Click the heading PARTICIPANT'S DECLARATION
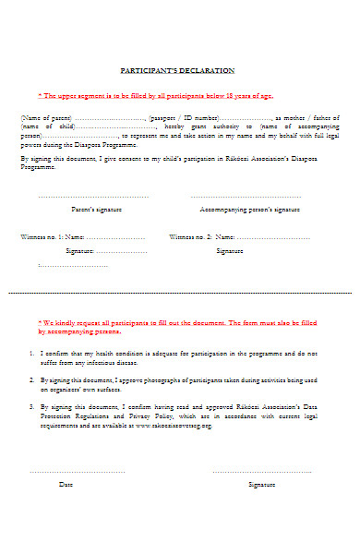point(178,70)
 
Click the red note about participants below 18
point(155,95)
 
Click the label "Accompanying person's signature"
point(249,210)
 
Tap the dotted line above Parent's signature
point(93,196)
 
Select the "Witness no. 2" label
point(191,236)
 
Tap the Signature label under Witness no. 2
point(230,250)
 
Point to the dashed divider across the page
point(180,293)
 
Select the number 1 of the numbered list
point(32,354)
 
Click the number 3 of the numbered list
point(32,405)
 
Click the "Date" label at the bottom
point(66,484)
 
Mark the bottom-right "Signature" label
point(262,484)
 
